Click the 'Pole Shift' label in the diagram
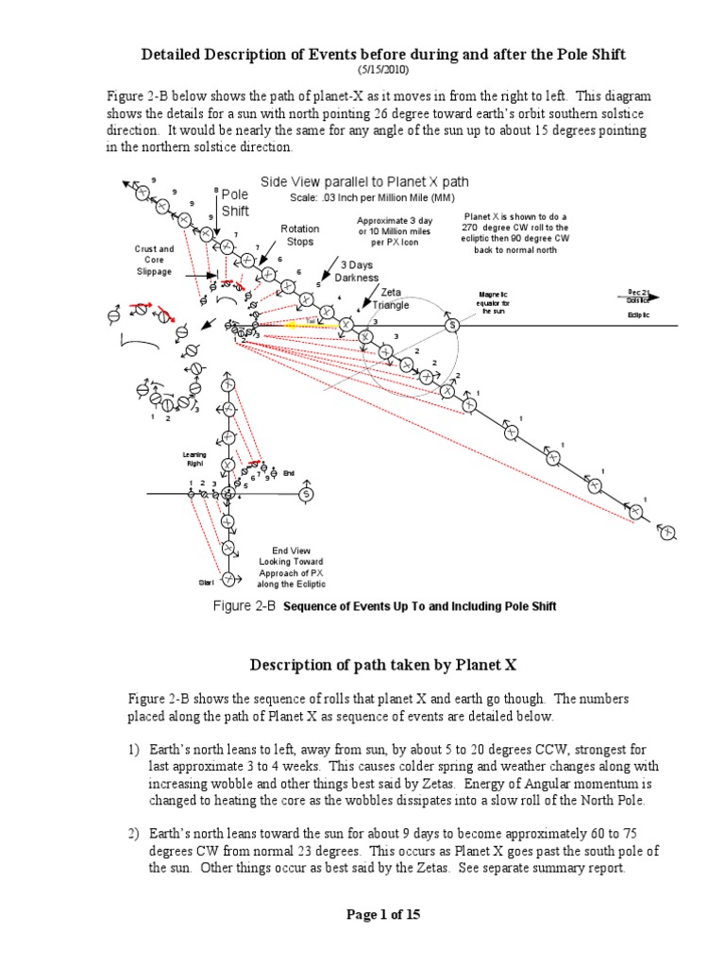point(235,203)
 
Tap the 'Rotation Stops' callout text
point(300,235)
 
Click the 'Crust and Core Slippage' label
point(153,260)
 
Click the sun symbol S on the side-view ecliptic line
point(451,325)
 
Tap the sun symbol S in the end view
point(305,493)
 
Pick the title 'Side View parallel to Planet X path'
point(364,182)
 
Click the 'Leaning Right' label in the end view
point(194,460)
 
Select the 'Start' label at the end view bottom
point(207,583)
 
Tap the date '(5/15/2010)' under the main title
point(378,72)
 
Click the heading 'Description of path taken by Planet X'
point(382,664)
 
